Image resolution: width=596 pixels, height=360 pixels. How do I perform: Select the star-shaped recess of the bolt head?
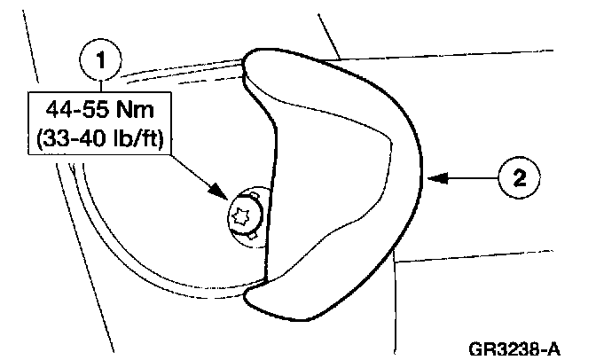(240, 213)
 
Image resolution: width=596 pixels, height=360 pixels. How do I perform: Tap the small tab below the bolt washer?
(253, 237)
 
